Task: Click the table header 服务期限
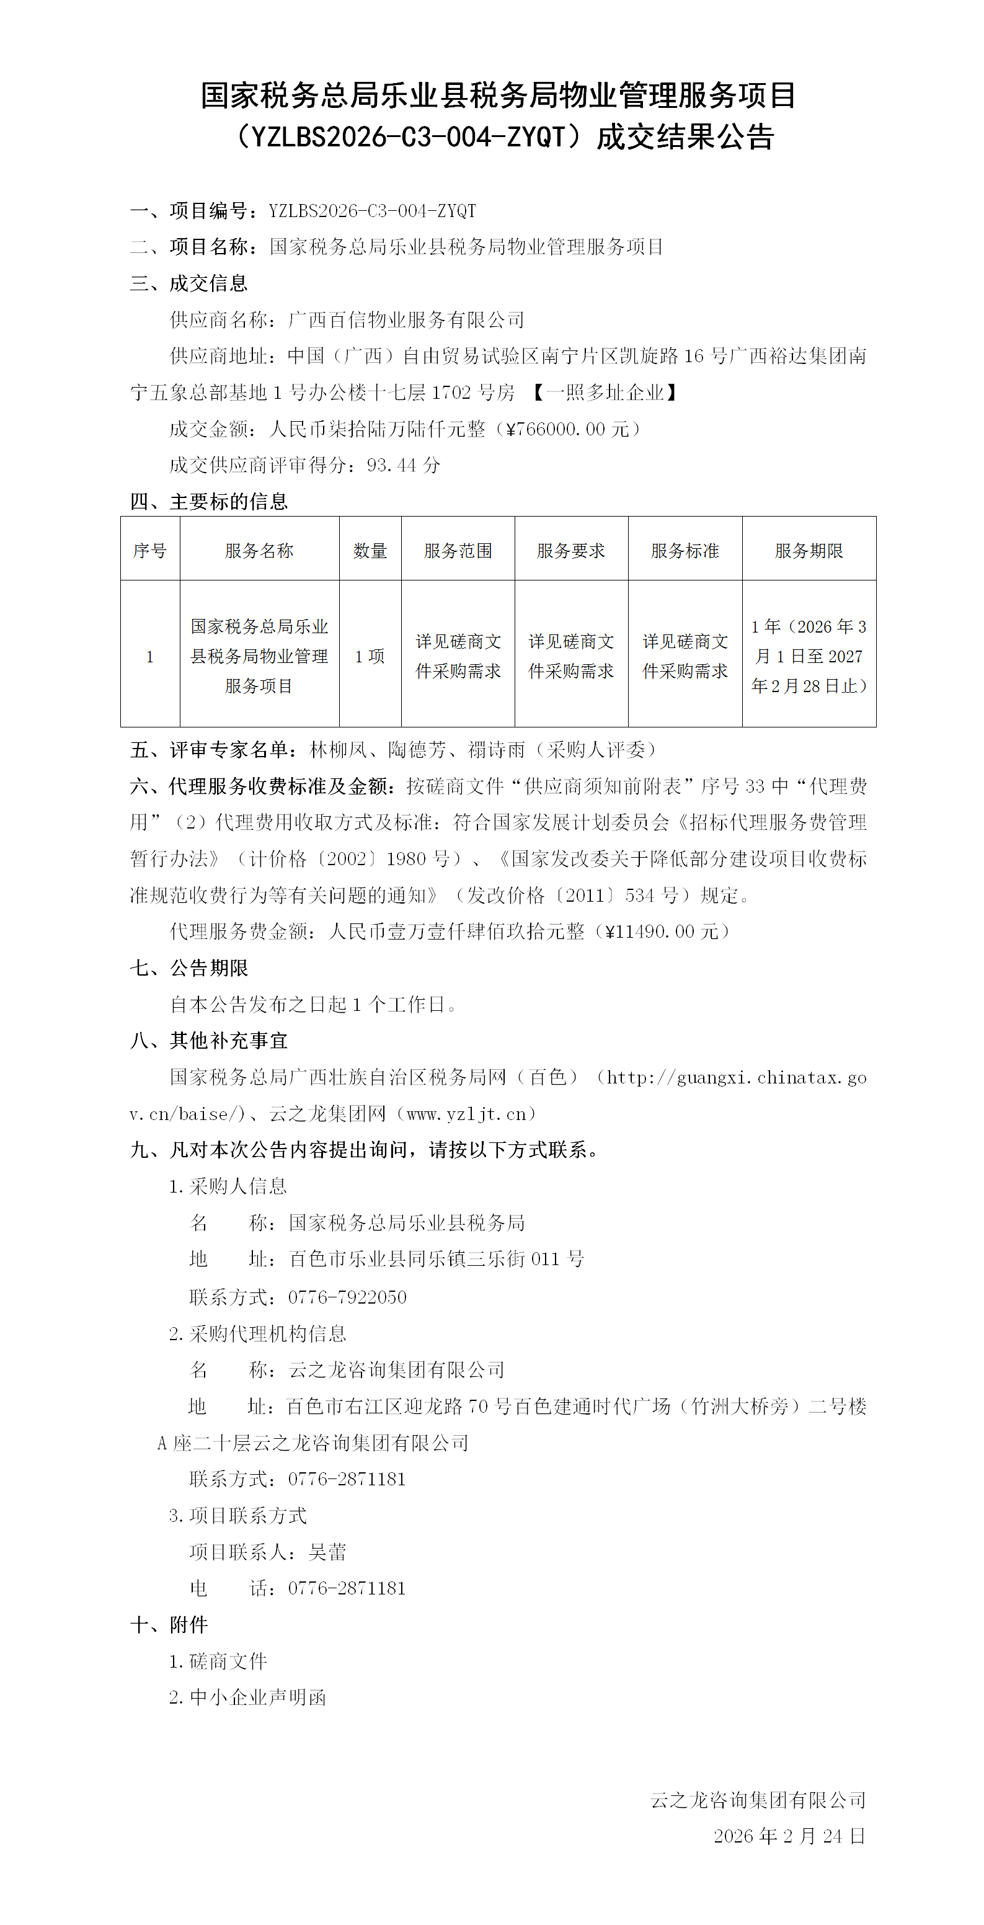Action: [x=809, y=551]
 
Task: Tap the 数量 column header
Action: [x=370, y=551]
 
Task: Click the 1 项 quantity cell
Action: [x=370, y=656]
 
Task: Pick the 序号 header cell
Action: [x=149, y=551]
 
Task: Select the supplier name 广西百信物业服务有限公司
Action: [x=406, y=320]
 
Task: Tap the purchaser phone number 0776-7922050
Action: [x=347, y=1297]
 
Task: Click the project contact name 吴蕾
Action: [x=327, y=1552]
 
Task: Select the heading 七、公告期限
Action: [x=189, y=967]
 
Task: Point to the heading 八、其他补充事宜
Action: [x=208, y=1040]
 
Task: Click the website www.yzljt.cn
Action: [x=467, y=1113]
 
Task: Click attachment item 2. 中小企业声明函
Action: [x=247, y=1697]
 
